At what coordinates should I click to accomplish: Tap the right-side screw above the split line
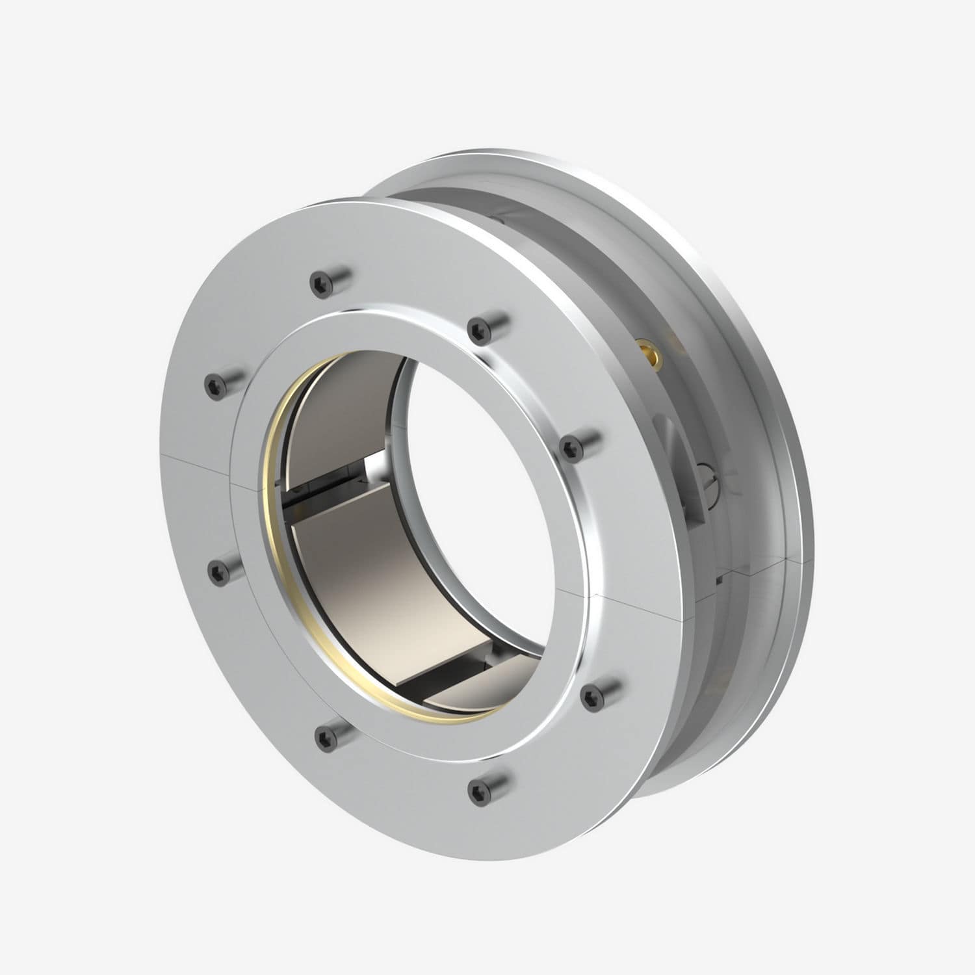coord(571,447)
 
